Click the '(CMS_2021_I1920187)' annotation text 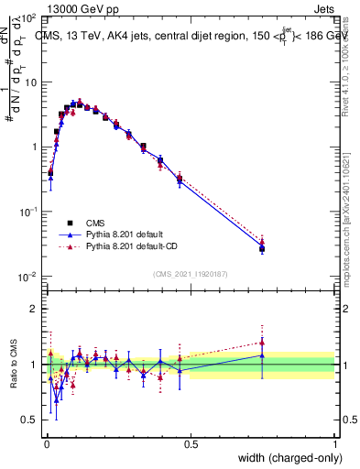190,274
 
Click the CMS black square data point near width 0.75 262,248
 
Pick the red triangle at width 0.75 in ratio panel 262,342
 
